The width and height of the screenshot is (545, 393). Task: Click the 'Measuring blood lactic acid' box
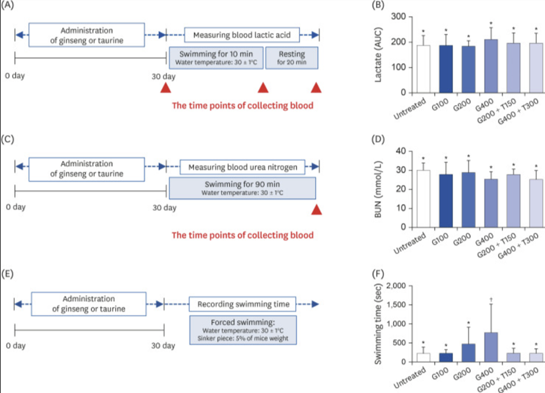242,35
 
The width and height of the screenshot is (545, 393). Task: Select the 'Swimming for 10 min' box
216,58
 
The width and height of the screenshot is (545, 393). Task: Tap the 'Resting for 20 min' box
292,58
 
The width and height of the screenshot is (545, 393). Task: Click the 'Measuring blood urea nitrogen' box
242,167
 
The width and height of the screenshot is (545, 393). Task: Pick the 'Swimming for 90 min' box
242,188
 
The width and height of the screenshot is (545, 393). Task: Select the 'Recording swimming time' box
242,304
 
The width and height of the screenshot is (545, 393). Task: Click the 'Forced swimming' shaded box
243,330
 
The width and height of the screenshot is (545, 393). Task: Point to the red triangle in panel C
317,210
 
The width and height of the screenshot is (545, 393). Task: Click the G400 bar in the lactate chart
491,66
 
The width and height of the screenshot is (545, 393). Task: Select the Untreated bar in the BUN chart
423,199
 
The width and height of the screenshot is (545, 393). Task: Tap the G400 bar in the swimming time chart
491,347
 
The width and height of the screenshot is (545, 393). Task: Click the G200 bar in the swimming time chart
468,353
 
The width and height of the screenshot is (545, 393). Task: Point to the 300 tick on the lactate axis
410,17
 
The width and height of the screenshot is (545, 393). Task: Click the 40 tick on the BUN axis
410,151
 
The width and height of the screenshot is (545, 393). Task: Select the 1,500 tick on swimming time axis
410,305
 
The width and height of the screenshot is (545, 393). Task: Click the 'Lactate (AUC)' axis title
378,55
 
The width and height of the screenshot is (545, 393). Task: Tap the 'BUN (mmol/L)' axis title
378,189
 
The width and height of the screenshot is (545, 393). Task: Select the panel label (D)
378,139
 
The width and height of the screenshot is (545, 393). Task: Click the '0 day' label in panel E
16,345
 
